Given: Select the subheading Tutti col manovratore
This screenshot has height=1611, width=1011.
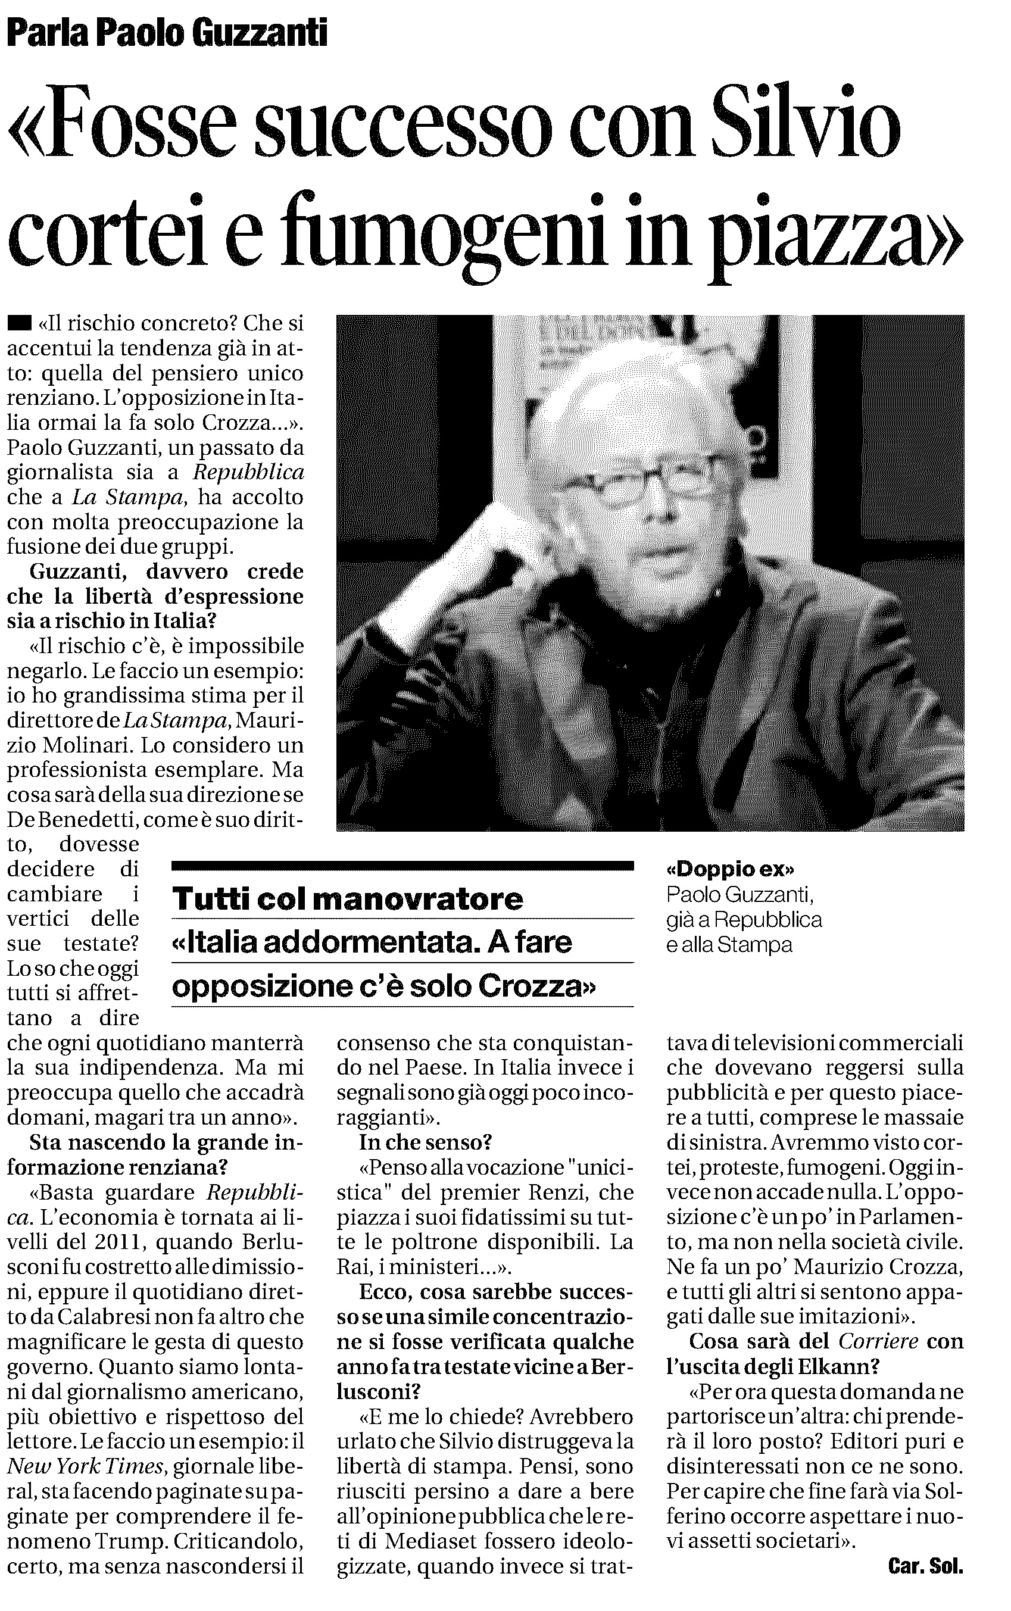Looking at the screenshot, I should pos(348,898).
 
